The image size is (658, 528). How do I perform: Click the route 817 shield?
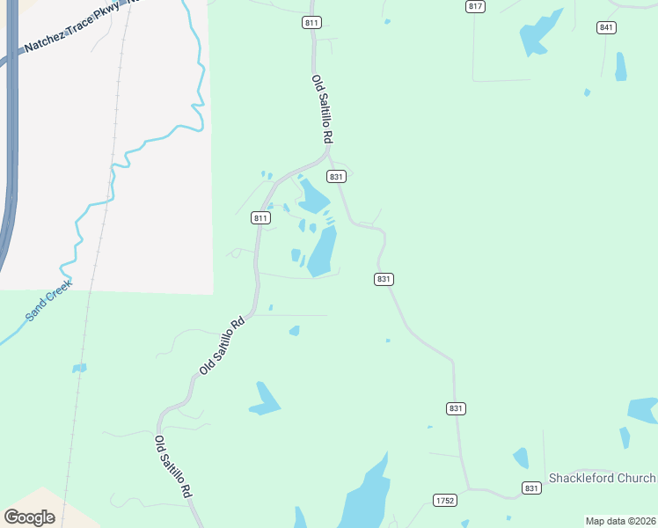pyautogui.click(x=476, y=6)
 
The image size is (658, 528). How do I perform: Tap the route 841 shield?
pyautogui.click(x=606, y=28)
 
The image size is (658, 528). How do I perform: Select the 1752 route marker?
pyautogui.click(x=445, y=501)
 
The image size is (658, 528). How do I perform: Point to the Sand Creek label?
pyautogui.click(x=47, y=301)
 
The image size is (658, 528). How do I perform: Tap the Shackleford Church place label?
pyautogui.click(x=603, y=478)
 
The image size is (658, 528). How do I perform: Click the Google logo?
pyautogui.click(x=30, y=517)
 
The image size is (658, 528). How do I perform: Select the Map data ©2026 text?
pyautogui.click(x=620, y=521)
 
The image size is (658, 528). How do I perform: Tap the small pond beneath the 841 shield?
pyautogui.click(x=621, y=67)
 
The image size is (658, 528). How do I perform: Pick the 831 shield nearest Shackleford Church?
pyautogui.click(x=531, y=488)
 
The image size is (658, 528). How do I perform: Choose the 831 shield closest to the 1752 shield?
pyautogui.click(x=456, y=408)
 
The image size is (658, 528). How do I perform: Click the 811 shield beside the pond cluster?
pyautogui.click(x=260, y=217)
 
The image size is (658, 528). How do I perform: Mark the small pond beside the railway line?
pyautogui.click(x=79, y=368)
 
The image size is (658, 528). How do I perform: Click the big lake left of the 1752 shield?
pyautogui.click(x=367, y=497)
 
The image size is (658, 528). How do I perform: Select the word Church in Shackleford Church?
pyautogui.click(x=635, y=478)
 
